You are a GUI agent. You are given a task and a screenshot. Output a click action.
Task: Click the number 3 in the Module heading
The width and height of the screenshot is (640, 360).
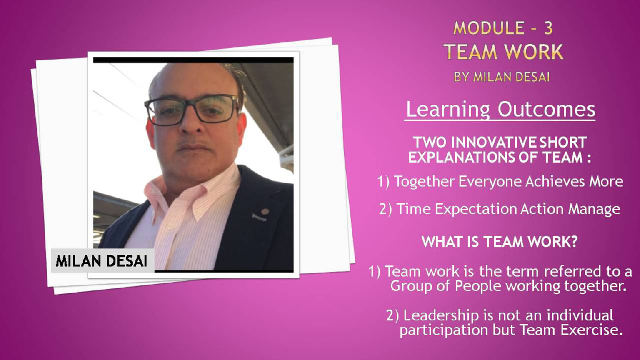(x=548, y=28)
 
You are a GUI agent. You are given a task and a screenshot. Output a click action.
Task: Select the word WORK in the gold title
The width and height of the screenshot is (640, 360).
(x=534, y=52)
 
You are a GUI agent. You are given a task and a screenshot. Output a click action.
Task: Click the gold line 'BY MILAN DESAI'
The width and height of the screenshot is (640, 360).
(x=502, y=77)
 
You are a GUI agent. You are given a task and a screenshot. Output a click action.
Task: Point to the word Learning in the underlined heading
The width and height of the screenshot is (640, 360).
(x=448, y=110)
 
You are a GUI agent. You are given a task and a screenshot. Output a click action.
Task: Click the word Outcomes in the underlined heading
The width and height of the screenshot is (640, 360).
(x=546, y=109)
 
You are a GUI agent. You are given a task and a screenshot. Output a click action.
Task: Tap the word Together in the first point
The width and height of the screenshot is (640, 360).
(x=424, y=182)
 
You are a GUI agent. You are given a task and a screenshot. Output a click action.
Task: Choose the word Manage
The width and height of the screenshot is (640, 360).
(x=594, y=209)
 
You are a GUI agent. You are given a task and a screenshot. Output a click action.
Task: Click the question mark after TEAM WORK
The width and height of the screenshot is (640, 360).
(x=573, y=242)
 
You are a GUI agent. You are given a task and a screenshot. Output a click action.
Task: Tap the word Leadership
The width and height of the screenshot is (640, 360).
(x=440, y=315)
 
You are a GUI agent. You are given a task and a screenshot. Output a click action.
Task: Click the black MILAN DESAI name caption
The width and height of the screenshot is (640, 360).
(x=101, y=261)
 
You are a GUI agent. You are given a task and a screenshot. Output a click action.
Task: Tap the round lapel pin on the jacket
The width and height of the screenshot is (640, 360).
(x=265, y=212)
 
